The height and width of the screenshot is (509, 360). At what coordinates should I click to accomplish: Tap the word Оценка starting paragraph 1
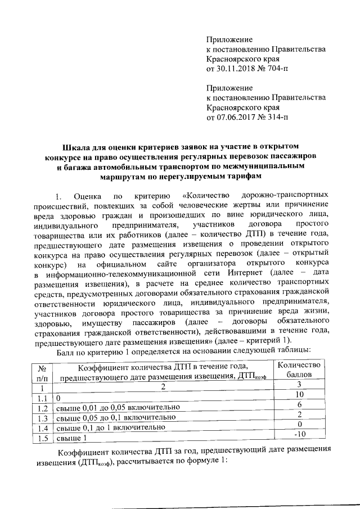pyautogui.click(x=86, y=196)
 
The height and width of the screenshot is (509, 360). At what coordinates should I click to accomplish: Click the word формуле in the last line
pyautogui.click(x=196, y=462)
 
